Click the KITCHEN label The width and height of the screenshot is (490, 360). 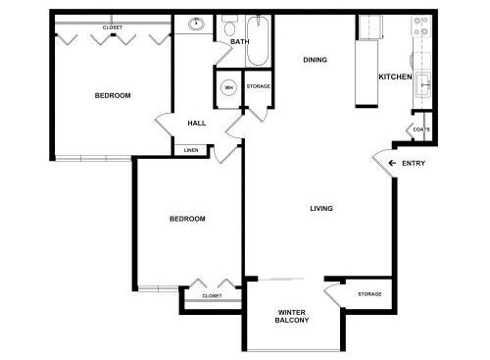click(395, 77)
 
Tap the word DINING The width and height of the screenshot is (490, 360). click(315, 60)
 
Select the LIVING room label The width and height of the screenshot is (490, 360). click(321, 208)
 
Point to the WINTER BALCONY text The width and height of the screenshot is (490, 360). click(292, 316)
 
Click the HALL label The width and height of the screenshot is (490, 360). click(197, 124)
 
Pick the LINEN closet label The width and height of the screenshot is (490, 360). click(191, 150)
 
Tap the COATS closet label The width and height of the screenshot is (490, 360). click(421, 129)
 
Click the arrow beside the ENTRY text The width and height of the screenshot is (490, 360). click(392, 163)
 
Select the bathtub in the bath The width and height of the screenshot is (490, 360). click(258, 40)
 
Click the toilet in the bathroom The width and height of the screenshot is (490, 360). click(230, 26)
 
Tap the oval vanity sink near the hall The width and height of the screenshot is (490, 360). click(196, 24)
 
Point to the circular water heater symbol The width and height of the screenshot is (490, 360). click(228, 87)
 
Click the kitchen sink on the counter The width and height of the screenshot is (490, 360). click(423, 85)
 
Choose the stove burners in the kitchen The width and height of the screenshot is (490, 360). click(421, 26)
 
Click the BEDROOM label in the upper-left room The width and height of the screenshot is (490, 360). click(113, 95)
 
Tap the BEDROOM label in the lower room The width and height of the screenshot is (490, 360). click(187, 219)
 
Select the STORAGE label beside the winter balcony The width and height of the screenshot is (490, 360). click(369, 294)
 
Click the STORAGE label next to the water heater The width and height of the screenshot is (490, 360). click(258, 86)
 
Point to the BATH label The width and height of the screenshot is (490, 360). click(240, 42)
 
